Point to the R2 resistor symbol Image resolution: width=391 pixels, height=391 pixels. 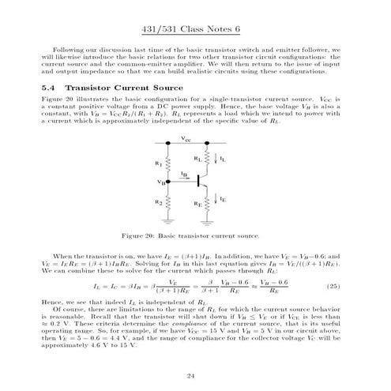click(x=169, y=203)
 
